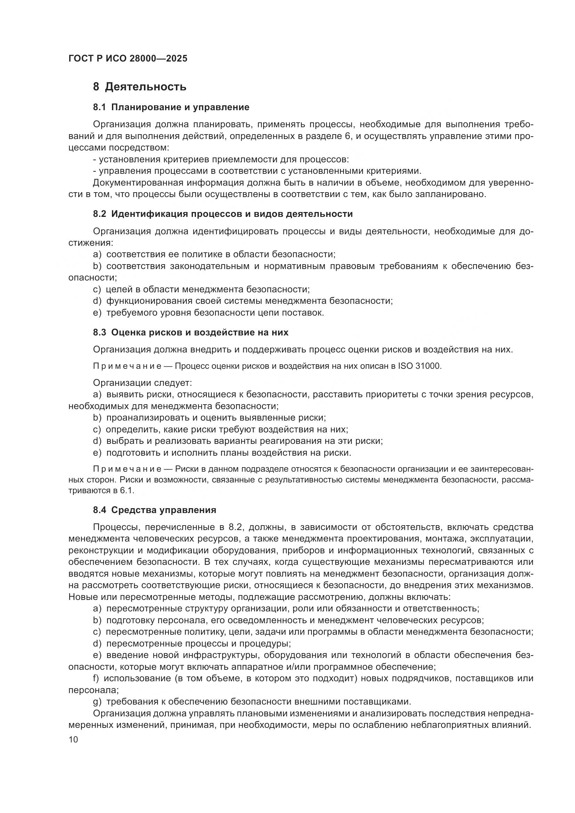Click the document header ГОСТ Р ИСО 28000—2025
coord(128,59)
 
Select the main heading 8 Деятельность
coord(139,87)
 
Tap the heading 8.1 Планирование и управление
coord(171,107)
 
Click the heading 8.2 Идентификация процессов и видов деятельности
coord(223,214)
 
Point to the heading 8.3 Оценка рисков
coord(191,333)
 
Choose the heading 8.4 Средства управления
coord(154,510)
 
